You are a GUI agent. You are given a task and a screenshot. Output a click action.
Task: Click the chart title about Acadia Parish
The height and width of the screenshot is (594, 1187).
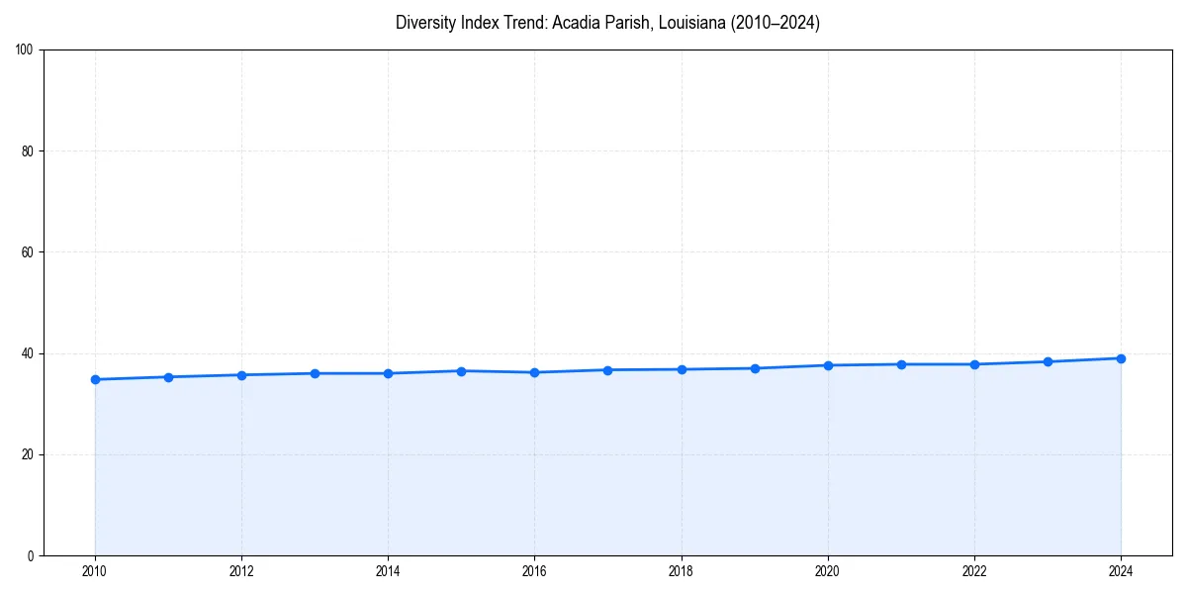tap(607, 23)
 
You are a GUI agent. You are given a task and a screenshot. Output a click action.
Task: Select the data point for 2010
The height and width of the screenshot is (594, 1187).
tap(95, 379)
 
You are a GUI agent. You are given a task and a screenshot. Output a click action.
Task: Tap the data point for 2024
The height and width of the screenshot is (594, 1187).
tap(1121, 358)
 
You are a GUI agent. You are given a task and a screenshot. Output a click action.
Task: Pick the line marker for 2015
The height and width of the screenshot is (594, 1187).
tap(461, 371)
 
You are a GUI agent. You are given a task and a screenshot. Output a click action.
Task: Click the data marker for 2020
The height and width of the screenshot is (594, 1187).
tap(828, 365)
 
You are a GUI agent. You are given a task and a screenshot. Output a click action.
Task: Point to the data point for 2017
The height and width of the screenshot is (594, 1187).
tap(608, 370)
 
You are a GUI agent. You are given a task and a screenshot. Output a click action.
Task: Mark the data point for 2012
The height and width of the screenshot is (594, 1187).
tap(241, 375)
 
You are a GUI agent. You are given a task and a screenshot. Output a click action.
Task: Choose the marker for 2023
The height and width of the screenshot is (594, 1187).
tap(1048, 361)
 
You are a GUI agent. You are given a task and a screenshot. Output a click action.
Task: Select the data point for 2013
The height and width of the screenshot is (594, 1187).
tap(315, 373)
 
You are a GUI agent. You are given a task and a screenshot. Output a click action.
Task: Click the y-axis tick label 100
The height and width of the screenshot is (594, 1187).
tap(26, 49)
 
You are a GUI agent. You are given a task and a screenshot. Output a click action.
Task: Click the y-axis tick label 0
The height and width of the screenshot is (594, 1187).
tap(32, 555)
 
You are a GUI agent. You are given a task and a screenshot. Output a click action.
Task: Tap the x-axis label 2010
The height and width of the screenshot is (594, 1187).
tap(95, 571)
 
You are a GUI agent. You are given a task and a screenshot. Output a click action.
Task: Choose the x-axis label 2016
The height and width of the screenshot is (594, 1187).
tap(534, 571)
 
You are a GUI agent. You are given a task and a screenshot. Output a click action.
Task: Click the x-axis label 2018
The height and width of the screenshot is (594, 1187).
tap(681, 571)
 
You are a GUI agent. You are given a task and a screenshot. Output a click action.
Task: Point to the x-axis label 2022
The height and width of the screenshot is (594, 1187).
tap(974, 571)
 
